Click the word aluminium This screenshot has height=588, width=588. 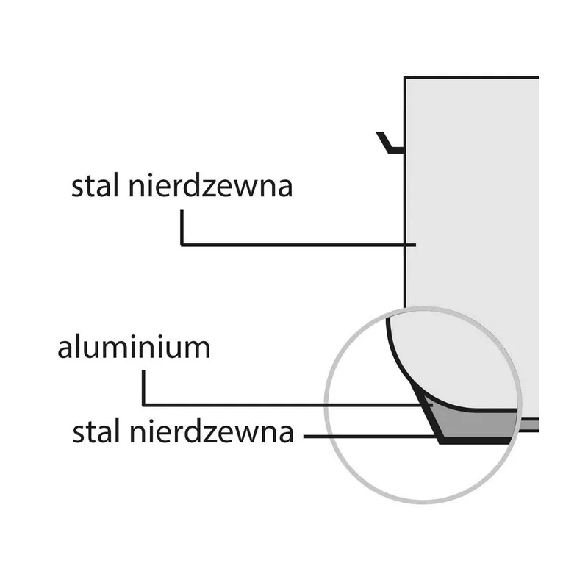(x=134, y=348)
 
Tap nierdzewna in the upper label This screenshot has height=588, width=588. (x=210, y=185)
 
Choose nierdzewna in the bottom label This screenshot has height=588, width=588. (x=212, y=431)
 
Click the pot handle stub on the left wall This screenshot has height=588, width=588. (x=390, y=143)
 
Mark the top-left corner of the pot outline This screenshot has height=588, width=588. (x=405, y=78)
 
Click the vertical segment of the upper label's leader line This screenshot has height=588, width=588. (x=182, y=228)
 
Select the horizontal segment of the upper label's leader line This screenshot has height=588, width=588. (x=298, y=245)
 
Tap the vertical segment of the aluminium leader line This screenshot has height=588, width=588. (x=143, y=388)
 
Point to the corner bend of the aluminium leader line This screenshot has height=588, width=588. (x=143, y=405)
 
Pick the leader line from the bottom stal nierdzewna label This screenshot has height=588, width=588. (x=370, y=437)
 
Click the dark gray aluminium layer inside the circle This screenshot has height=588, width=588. (x=476, y=425)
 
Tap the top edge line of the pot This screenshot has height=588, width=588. (x=471, y=78)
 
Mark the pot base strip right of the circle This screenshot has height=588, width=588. (x=529, y=426)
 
